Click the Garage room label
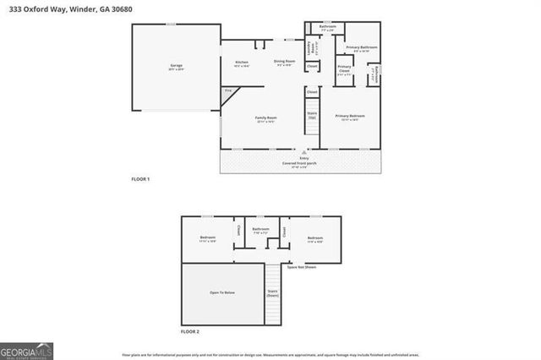click(176, 66)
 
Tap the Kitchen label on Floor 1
click(241, 63)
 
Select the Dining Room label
click(284, 62)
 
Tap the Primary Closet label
click(345, 69)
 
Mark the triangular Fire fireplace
click(228, 93)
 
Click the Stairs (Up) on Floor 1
click(311, 115)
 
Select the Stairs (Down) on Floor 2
click(272, 292)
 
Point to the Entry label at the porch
click(303, 158)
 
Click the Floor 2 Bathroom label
click(260, 230)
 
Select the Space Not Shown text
click(302, 267)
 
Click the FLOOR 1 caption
click(140, 180)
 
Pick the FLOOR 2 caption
click(189, 332)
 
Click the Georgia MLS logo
click(26, 350)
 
